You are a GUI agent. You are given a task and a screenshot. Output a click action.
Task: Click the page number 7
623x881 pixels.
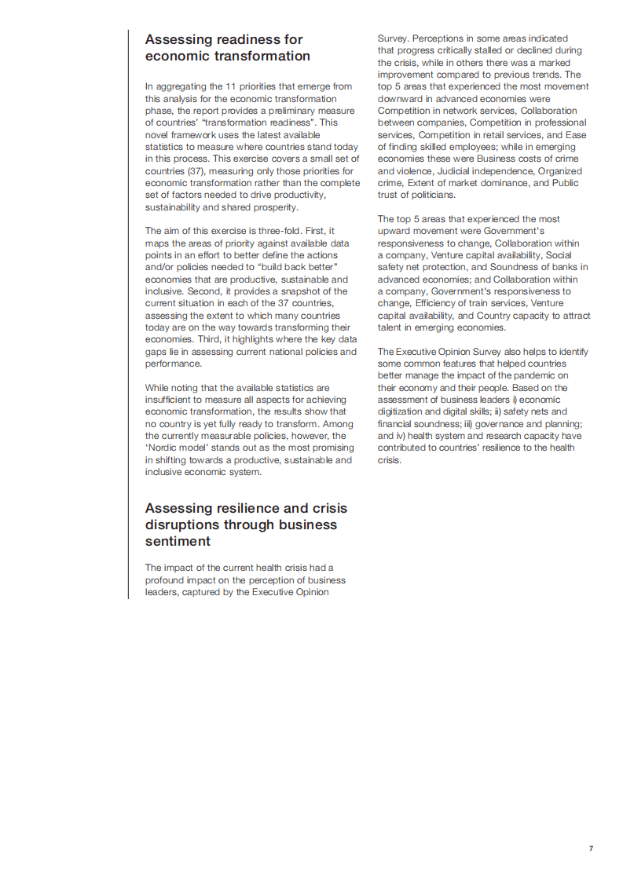coord(591,848)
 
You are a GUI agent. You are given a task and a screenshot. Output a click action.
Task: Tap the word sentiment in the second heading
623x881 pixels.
coord(178,542)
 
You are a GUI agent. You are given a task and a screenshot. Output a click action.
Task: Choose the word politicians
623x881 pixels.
coord(429,196)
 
